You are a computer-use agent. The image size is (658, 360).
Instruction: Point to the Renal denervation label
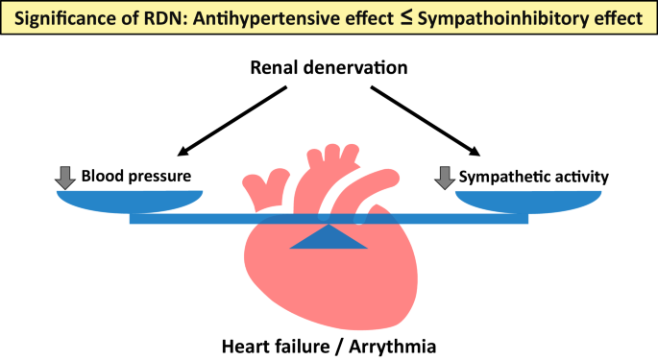pyautogui.click(x=329, y=68)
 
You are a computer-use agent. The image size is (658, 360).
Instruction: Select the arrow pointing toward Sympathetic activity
pyautogui.click(x=426, y=120)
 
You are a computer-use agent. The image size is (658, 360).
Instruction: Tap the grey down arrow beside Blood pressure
pyautogui.click(x=65, y=177)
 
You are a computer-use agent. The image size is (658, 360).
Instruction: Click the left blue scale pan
pyautogui.click(x=130, y=200)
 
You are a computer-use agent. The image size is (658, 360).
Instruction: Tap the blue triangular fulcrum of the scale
pyautogui.click(x=329, y=238)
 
